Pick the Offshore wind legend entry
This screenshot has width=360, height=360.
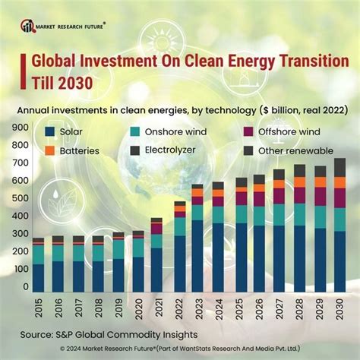tap(273, 132)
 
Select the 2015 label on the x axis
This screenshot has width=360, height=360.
tap(38, 310)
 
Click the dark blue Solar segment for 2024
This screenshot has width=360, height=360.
tap(219, 258)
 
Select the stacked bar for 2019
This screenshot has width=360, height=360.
tap(118, 262)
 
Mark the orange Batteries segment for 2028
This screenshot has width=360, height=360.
tap(299, 182)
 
